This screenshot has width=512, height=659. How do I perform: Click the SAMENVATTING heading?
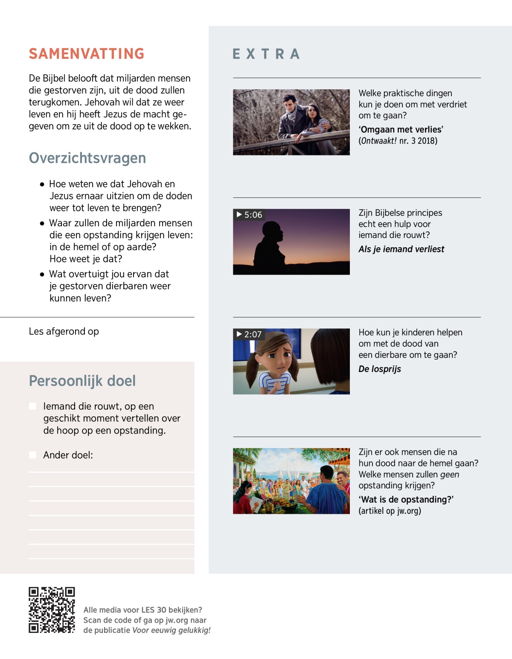(x=87, y=54)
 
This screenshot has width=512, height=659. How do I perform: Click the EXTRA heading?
(x=266, y=54)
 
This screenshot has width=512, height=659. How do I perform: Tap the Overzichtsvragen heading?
(x=87, y=158)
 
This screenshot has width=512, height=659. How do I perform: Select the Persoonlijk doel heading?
(x=82, y=381)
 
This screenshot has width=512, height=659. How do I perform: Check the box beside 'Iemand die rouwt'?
(x=32, y=406)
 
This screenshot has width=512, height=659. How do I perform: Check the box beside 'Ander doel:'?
(x=32, y=455)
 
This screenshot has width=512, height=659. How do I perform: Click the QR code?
(x=52, y=610)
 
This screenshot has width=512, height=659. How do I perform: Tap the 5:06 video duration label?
(x=249, y=215)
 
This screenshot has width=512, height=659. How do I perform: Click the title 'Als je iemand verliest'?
(x=401, y=249)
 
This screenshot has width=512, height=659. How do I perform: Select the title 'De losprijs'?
(x=380, y=369)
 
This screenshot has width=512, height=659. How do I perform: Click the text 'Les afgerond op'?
(x=64, y=331)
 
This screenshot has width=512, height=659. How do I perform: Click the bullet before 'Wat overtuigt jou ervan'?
(x=42, y=275)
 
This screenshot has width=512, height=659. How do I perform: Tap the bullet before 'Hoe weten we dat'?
(x=42, y=185)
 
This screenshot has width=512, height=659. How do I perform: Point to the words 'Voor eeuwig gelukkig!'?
(x=171, y=630)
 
